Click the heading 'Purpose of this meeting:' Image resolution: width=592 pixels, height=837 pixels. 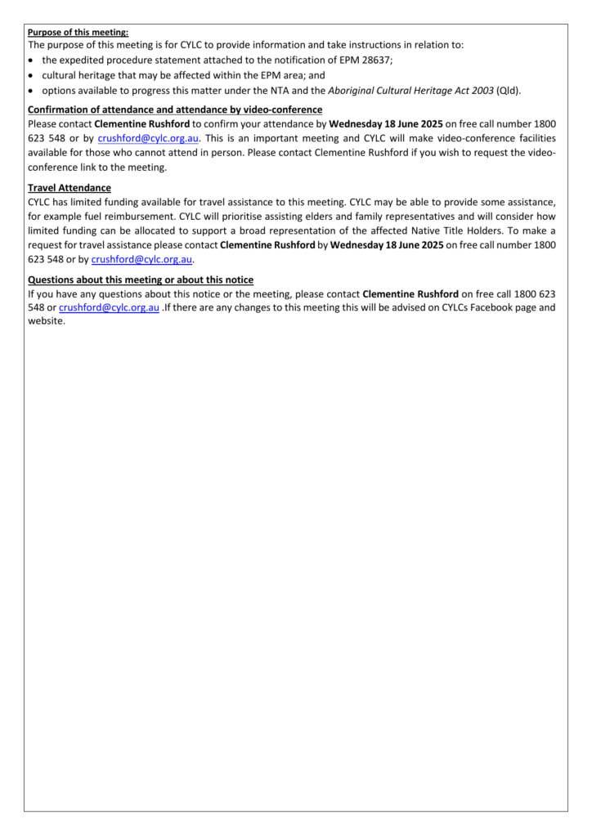78,32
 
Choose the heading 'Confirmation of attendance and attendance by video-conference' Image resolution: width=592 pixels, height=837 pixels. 175,110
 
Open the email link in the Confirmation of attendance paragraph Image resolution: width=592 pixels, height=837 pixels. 154,138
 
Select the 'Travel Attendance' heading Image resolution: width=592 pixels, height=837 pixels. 70,188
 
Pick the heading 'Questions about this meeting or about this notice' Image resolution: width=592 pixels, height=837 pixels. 141,280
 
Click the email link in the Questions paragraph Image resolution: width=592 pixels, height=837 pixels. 109,308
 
